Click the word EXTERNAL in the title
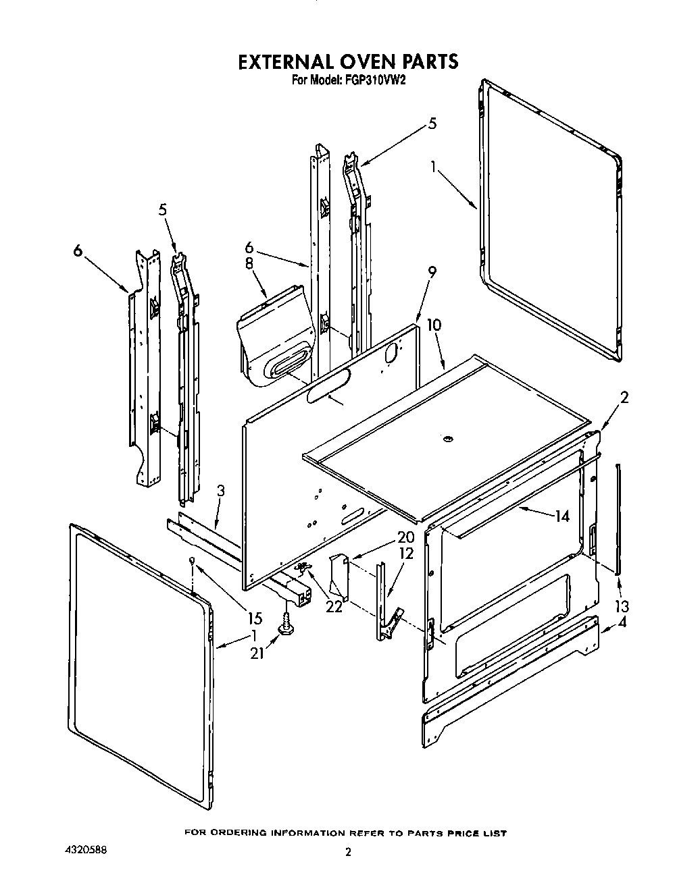284,61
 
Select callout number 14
561,516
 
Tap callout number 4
622,622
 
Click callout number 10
433,325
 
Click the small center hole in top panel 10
447,440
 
